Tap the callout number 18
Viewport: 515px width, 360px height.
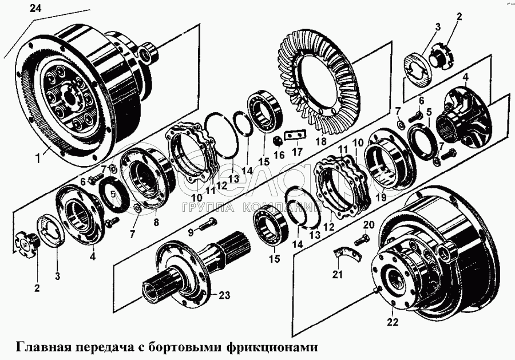coord(320,140)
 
